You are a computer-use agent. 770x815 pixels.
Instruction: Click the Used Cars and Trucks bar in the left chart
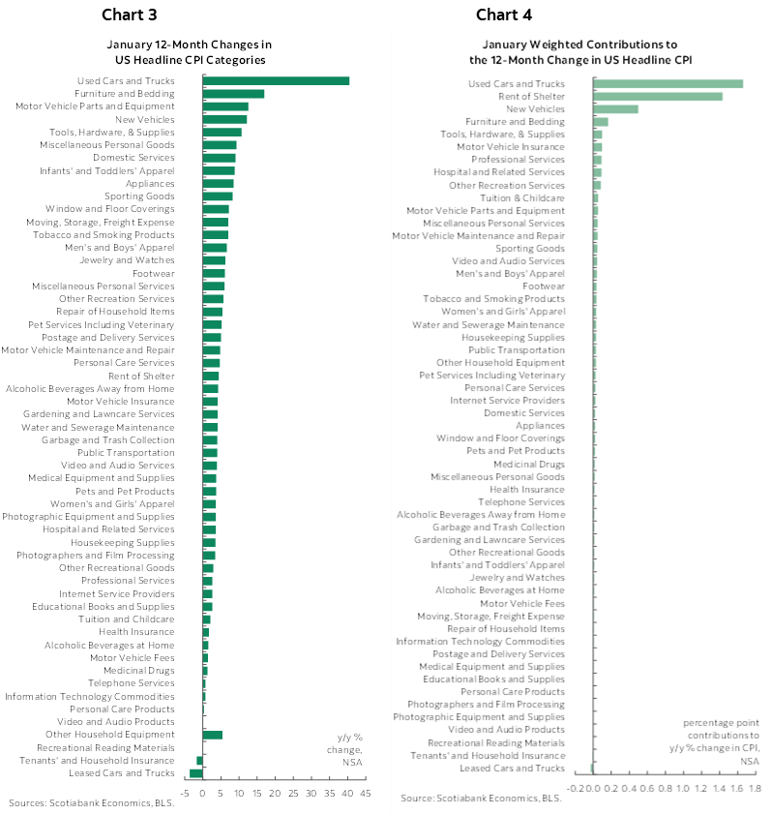(276, 81)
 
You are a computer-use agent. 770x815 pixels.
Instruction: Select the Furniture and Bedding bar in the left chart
(233, 94)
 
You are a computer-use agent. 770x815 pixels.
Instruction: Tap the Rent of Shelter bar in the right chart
(658, 96)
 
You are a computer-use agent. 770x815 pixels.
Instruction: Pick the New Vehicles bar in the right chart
(615, 108)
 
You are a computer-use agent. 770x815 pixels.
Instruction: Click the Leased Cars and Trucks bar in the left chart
(196, 772)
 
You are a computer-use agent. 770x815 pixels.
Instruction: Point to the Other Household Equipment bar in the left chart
(213, 735)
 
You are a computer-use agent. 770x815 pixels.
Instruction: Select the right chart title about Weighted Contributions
(579, 52)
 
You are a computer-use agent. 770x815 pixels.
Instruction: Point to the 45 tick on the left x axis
(366, 794)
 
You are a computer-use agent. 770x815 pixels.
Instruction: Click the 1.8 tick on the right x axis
(754, 788)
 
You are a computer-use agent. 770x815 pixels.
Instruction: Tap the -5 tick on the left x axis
(184, 794)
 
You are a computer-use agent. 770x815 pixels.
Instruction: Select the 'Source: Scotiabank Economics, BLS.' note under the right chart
(480, 798)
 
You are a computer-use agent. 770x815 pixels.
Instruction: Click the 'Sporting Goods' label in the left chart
(147, 196)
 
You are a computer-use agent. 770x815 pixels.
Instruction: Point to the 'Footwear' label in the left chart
(155, 273)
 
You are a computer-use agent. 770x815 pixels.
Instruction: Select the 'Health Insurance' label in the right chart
(534, 489)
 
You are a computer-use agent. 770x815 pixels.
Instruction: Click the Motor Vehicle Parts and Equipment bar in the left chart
(225, 106)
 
